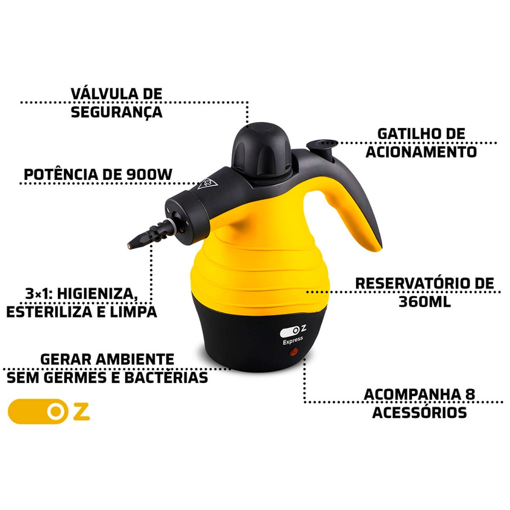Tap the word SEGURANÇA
[x=117, y=112]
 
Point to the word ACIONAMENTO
[x=421, y=152]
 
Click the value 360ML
[x=424, y=302]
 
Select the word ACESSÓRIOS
[x=419, y=412]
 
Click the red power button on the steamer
[x=294, y=352]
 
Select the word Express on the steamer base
[x=293, y=340]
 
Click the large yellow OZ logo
[x=49, y=411]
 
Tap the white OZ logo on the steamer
[x=293, y=331]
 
